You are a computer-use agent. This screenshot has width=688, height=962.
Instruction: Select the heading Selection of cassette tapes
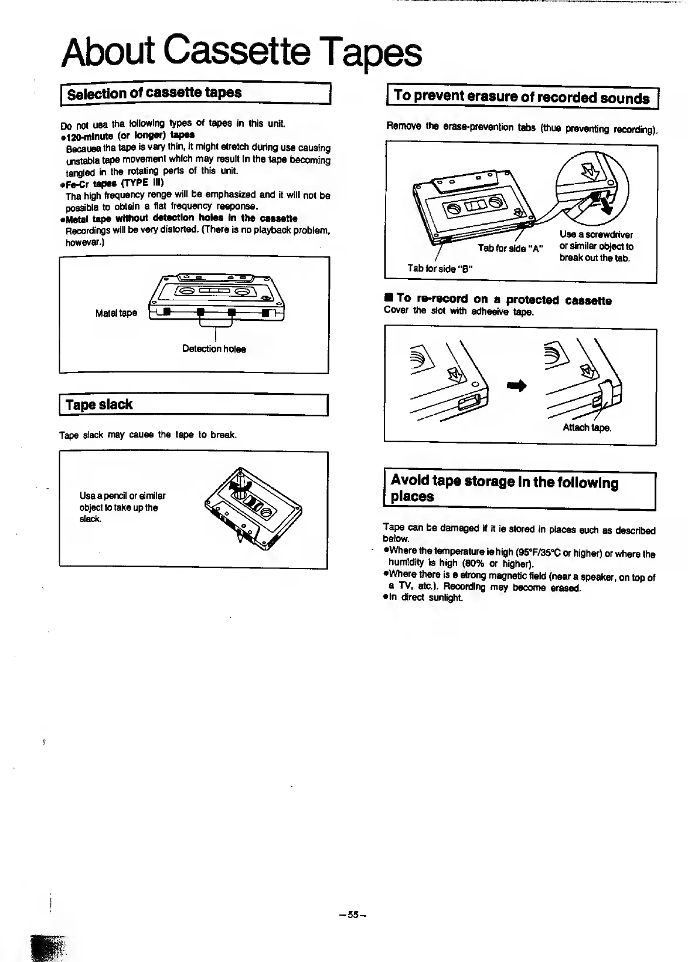pyautogui.click(x=154, y=93)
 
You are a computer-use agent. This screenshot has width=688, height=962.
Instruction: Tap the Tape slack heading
pyautogui.click(x=99, y=405)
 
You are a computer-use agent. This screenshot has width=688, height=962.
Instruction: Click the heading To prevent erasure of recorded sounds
pyautogui.click(x=522, y=97)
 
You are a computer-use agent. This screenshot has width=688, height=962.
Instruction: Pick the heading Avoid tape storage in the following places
pyautogui.click(x=504, y=489)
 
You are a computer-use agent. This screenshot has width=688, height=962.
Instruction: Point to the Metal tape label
pyautogui.click(x=116, y=313)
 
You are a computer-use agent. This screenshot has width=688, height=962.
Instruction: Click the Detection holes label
pyautogui.click(x=214, y=349)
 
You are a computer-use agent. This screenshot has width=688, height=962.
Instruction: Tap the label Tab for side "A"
pyautogui.click(x=510, y=248)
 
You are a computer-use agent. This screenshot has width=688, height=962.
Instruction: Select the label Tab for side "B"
pyautogui.click(x=441, y=269)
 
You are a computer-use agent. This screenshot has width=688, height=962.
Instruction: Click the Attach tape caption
pyautogui.click(x=587, y=428)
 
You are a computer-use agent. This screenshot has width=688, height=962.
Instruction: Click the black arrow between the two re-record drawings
pyautogui.click(x=517, y=385)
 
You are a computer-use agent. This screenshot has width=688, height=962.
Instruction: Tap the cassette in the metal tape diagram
pyautogui.click(x=217, y=298)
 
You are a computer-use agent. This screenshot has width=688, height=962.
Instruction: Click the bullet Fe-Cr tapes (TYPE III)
pyautogui.click(x=110, y=183)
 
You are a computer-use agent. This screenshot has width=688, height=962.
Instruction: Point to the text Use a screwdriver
pyautogui.click(x=596, y=235)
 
